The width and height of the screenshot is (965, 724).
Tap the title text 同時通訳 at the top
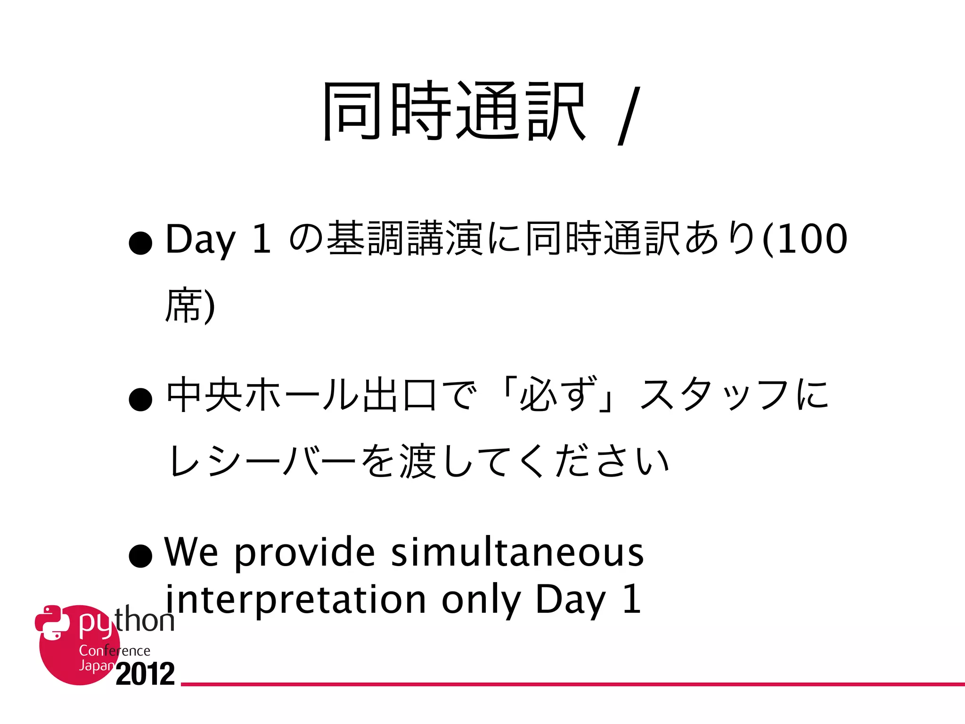[453, 112]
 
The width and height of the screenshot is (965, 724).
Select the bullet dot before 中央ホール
[140, 400]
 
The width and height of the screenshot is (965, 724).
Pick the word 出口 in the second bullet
[400, 395]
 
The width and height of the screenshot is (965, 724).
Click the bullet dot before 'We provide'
[140, 556]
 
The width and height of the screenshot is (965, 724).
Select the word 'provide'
[304, 553]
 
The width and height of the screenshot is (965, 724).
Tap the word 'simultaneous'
[517, 552]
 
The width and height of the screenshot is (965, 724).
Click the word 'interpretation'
[295, 600]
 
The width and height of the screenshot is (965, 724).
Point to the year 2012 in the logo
[145, 674]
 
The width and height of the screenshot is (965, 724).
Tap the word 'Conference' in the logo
[114, 651]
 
